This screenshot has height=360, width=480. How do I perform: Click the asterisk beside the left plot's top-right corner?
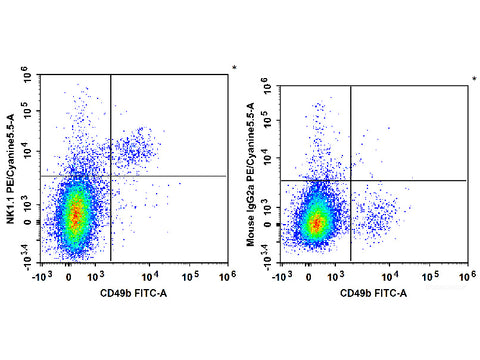(x=234, y=69)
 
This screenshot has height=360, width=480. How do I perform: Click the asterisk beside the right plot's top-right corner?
(x=475, y=79)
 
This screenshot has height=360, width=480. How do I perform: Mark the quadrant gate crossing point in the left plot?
(x=110, y=176)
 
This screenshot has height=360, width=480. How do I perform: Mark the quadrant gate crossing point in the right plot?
(x=351, y=180)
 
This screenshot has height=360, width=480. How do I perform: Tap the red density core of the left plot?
(x=74, y=213)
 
